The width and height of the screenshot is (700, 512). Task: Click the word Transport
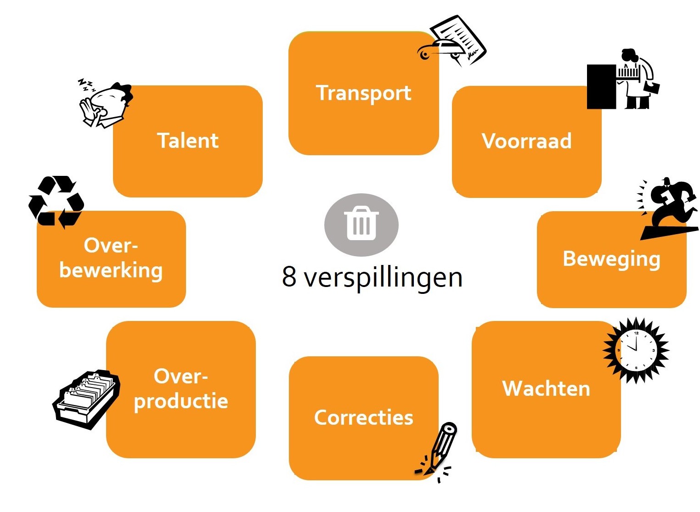(363, 93)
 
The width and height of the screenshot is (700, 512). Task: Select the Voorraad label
(526, 141)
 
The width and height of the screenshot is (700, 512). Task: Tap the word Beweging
(611, 259)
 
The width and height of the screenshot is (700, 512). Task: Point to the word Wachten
(546, 388)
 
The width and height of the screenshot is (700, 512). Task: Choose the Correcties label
(363, 417)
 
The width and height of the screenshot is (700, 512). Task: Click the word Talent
(187, 141)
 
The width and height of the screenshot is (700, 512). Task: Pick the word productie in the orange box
(181, 401)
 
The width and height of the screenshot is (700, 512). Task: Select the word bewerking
(111, 270)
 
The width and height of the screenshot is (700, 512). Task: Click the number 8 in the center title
(289, 276)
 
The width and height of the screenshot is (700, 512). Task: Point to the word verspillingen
(383, 277)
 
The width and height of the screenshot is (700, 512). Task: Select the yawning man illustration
(106, 104)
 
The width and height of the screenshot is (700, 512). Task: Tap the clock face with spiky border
(636, 350)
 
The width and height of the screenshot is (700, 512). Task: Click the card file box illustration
(86, 399)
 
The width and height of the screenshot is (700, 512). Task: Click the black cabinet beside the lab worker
(601, 87)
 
